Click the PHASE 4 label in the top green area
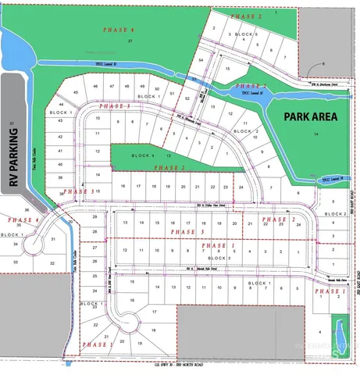point(119,29)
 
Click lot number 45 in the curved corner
point(76,93)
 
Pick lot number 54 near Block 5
point(201,59)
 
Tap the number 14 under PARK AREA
point(316,134)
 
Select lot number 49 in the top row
point(141,86)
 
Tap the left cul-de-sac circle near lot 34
point(34,244)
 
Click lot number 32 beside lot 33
point(53,264)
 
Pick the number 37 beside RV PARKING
point(11,124)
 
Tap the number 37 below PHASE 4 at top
point(130,40)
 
